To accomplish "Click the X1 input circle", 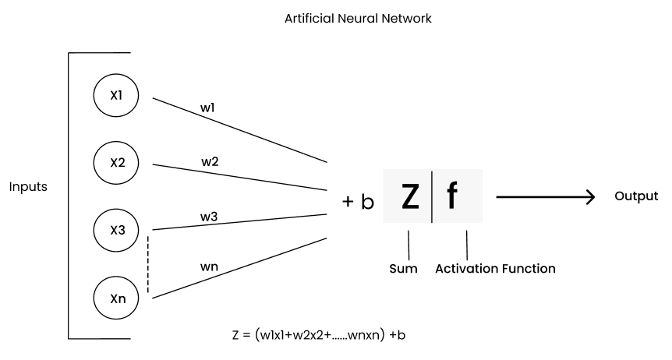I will coord(115,96).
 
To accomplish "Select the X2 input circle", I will coord(115,163).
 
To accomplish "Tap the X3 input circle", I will coord(115,230).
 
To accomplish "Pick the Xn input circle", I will coord(115,297).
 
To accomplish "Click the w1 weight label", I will coord(207,108).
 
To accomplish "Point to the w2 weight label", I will coord(210,162).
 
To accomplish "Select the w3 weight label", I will coord(209,216).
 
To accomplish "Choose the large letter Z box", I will coord(409,196).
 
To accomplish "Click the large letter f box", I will coord(453,196).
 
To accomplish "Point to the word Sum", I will coord(403,269).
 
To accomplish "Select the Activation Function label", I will coord(495,269).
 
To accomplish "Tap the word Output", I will coord(636,196).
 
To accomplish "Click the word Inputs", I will coord(29,187).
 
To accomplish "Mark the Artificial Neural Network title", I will coord(358,16).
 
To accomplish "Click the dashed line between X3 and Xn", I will coord(148,263).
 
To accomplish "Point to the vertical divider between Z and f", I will coord(432,196).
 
